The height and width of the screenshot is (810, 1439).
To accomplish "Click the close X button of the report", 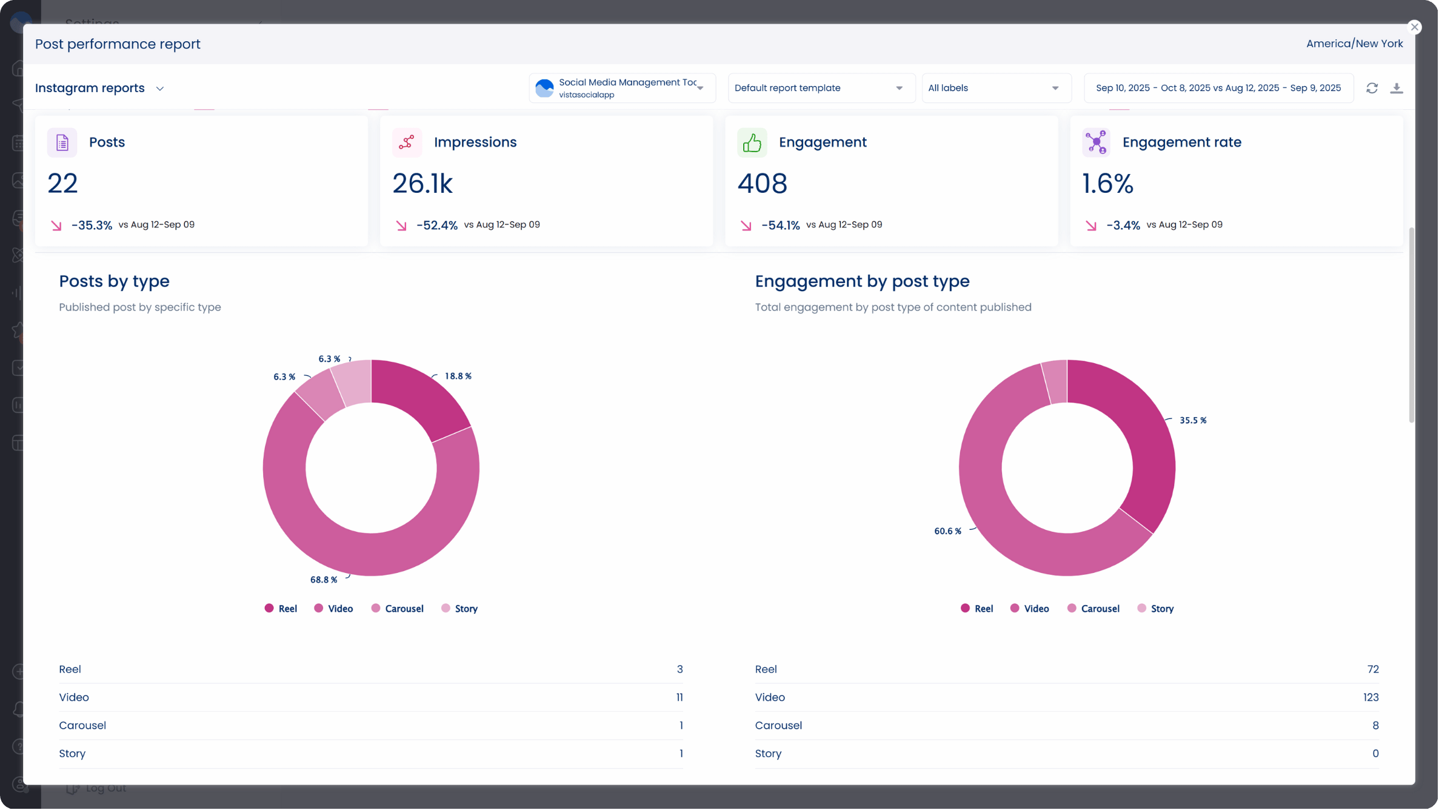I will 1414,27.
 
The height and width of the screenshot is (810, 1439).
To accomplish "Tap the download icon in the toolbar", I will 1397,89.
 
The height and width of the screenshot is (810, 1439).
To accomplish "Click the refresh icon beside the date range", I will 1372,89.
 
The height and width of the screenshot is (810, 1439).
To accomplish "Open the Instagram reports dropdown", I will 100,89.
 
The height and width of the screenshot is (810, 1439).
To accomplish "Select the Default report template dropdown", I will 818,89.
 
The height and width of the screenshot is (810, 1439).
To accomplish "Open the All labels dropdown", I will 994,89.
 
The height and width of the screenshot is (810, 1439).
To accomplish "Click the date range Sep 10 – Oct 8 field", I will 1218,89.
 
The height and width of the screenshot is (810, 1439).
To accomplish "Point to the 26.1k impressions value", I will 422,184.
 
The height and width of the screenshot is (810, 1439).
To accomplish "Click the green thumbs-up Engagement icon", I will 752,142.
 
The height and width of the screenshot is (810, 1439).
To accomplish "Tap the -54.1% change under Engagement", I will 780,226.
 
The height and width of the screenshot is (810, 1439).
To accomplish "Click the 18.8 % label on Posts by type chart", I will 458,377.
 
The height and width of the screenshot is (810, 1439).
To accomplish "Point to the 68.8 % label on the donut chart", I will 324,580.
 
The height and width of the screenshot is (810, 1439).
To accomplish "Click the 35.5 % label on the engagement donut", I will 1192,421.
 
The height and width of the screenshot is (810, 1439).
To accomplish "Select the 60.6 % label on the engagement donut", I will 947,532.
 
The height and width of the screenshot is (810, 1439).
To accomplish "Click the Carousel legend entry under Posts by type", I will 398,609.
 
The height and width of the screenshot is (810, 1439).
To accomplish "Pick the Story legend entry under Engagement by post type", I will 1156,609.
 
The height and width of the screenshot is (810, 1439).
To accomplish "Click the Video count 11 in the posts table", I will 679,698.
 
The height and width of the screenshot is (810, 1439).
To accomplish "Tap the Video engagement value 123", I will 1371,698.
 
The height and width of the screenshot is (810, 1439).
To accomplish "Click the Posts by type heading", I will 114,281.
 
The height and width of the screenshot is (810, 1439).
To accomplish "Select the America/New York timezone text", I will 1354,44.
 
